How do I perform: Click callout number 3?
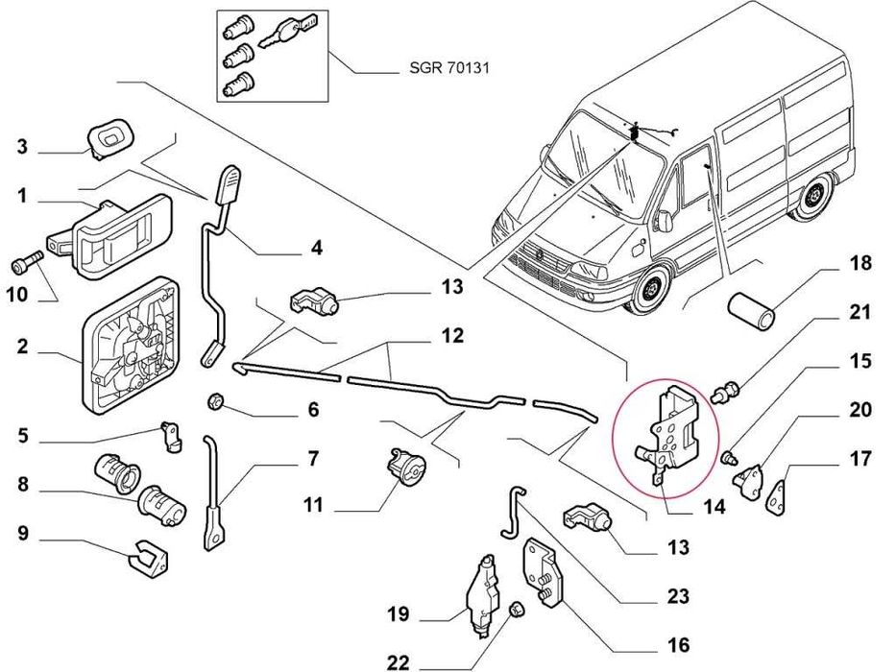tap(22, 147)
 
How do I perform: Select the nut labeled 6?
tap(216, 400)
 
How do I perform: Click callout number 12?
tap(452, 336)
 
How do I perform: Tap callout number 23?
tap(678, 597)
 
